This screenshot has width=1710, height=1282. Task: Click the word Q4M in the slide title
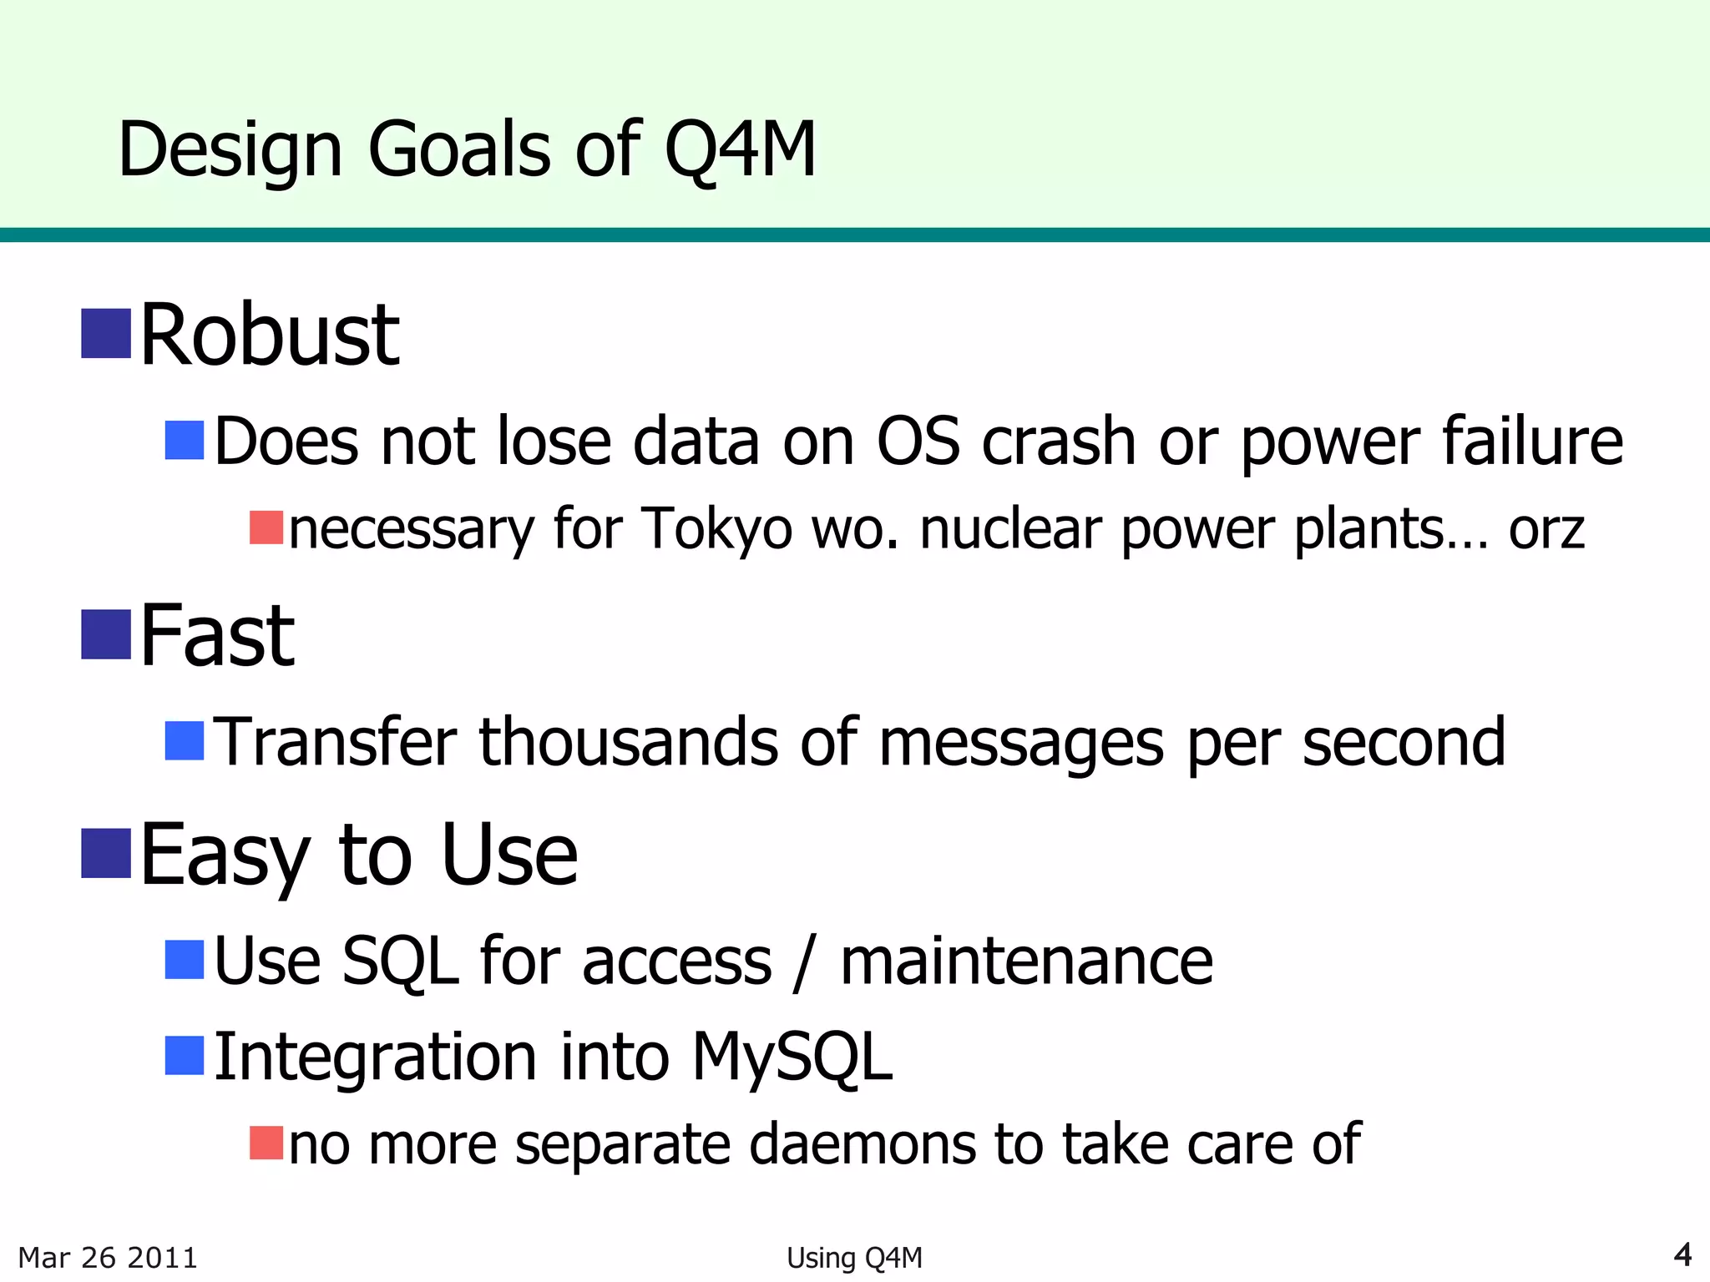tap(740, 150)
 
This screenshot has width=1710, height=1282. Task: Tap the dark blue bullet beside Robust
tap(106, 333)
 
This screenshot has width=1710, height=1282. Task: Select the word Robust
tap(270, 336)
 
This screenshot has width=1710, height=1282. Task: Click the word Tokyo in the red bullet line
tap(716, 529)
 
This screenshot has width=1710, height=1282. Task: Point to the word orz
tap(1546, 531)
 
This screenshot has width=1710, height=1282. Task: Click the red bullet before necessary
tap(266, 527)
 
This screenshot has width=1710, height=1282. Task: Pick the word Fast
tap(217, 637)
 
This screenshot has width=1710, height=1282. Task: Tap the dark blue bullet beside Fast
tap(106, 634)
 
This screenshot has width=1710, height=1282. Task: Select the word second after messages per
tap(1404, 742)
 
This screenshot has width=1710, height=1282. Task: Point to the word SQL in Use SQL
tap(400, 961)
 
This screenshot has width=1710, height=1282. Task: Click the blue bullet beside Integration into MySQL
tap(185, 1056)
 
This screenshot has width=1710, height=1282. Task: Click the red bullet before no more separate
tap(266, 1143)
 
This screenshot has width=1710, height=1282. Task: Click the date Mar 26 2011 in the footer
tap(108, 1258)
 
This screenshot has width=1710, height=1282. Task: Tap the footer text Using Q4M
tap(854, 1258)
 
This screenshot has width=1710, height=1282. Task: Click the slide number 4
tap(1682, 1254)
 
